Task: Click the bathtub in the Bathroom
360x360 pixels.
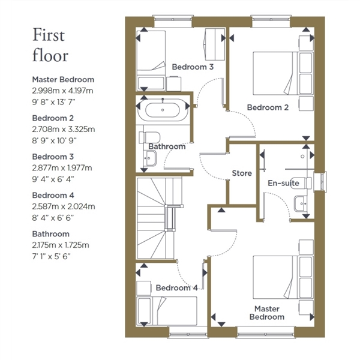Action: coord(163,110)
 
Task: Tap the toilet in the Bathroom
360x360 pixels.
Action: coord(149,137)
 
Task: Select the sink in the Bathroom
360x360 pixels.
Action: coord(149,158)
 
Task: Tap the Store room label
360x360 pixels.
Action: coord(242,173)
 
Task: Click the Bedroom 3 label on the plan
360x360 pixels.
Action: coord(193,67)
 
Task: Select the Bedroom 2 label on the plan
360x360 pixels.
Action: coord(268,107)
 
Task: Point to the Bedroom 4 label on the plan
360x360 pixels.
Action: coord(176,288)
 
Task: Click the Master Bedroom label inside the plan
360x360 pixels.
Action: coord(267,313)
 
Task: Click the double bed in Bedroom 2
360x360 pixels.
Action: coord(283,73)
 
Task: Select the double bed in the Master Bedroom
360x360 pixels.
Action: coord(283,277)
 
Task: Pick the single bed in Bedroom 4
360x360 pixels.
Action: coord(167,311)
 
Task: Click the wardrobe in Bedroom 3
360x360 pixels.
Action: coord(215,44)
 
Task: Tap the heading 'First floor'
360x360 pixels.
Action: coord(50,45)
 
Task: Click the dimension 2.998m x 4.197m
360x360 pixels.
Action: coord(62,91)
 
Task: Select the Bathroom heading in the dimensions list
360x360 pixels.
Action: coord(51,234)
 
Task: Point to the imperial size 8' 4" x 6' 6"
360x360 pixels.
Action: coord(53,217)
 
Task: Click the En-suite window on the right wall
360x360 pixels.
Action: coord(320,181)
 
